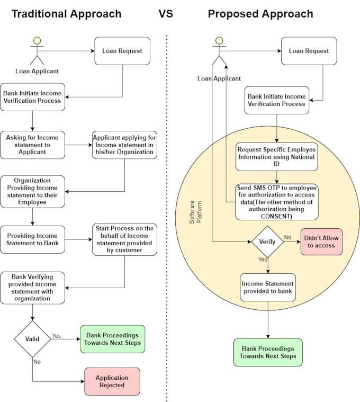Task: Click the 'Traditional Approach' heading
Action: pyautogui.click(x=66, y=14)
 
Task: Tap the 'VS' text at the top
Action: pyautogui.click(x=166, y=14)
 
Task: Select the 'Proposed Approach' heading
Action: pyautogui.click(x=260, y=14)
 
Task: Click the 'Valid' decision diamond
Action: pyautogui.click(x=32, y=339)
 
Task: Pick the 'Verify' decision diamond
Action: pyautogui.click(x=267, y=242)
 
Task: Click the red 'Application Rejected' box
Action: pyautogui.click(x=112, y=381)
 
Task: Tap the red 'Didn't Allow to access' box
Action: pyautogui.click(x=321, y=242)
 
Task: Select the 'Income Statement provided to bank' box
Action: pyautogui.click(x=268, y=288)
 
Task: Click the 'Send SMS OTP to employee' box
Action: pyautogui.click(x=277, y=202)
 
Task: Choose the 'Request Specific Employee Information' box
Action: pyautogui.click(x=277, y=157)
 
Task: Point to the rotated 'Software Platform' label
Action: pyautogui.click(x=195, y=212)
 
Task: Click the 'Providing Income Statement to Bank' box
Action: pyautogui.click(x=32, y=239)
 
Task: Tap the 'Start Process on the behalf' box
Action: pyautogui.click(x=124, y=239)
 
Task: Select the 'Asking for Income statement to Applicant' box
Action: pyautogui.click(x=32, y=145)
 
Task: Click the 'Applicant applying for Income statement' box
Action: pyautogui.click(x=124, y=145)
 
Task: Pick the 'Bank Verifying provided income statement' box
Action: pyautogui.click(x=32, y=288)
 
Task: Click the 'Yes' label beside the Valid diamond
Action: pyautogui.click(x=56, y=336)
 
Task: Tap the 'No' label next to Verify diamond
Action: pyautogui.click(x=287, y=237)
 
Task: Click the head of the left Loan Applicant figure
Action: pyautogui.click(x=37, y=40)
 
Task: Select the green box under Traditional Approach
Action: pyautogui.click(x=112, y=339)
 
